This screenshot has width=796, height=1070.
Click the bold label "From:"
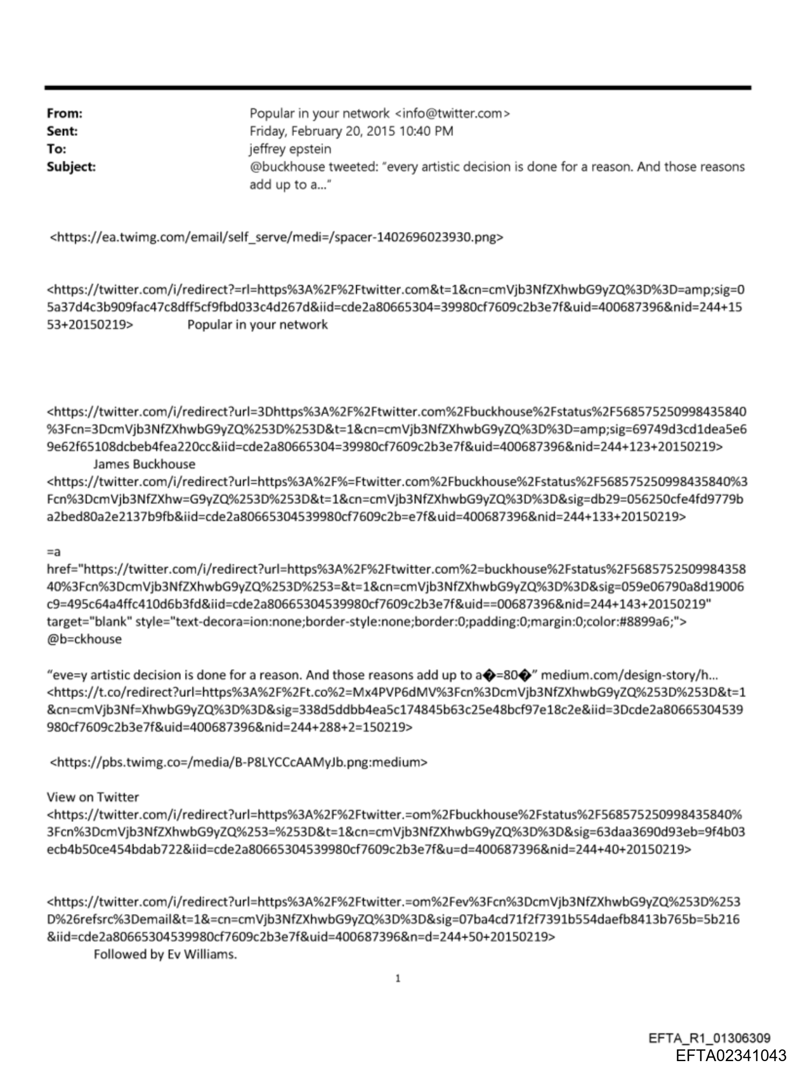tap(65, 113)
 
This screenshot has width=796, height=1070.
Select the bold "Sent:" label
tap(62, 131)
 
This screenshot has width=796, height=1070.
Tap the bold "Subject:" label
tap(71, 167)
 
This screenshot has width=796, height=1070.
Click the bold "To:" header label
tap(56, 149)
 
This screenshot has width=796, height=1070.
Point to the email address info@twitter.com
tap(452, 113)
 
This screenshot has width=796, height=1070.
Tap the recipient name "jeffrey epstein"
tap(290, 149)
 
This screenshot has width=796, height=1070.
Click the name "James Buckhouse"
tap(144, 464)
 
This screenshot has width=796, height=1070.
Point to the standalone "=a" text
tap(53, 552)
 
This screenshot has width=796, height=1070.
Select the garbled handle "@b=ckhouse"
tap(84, 639)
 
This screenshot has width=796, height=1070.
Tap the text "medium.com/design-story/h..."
tap(629, 674)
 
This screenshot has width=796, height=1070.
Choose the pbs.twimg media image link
tap(239, 762)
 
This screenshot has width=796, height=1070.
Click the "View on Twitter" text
tap(93, 797)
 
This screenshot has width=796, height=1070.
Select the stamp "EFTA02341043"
tap(730, 1055)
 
